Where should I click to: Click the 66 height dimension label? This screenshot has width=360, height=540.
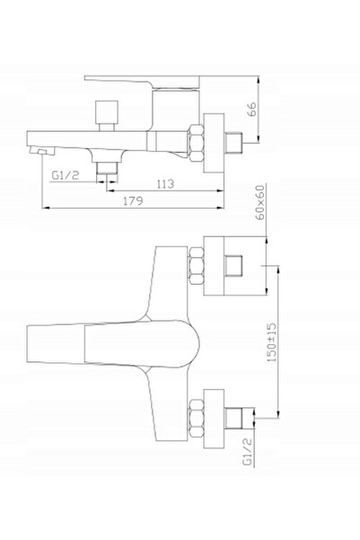[252, 110]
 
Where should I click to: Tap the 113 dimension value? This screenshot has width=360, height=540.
[165, 184]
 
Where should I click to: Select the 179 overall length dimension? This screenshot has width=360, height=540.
[133, 200]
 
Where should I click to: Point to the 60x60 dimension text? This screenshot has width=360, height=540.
[261, 202]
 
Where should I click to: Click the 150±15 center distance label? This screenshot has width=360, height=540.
[271, 342]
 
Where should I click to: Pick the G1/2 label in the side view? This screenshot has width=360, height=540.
[65, 175]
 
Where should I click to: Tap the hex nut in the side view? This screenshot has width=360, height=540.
[196, 143]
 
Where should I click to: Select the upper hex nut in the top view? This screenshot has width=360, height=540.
[197, 266]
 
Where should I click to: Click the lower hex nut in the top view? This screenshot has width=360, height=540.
[197, 419]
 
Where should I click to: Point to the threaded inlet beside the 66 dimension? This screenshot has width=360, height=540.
[233, 143]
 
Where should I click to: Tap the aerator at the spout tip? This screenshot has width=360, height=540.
[42, 151]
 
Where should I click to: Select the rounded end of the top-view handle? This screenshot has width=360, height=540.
[193, 343]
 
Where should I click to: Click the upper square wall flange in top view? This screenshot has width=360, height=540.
[235, 266]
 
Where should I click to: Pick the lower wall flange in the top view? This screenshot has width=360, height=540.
[214, 419]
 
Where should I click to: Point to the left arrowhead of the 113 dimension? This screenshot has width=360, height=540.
[110, 190]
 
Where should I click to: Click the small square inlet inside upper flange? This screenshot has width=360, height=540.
[233, 266]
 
